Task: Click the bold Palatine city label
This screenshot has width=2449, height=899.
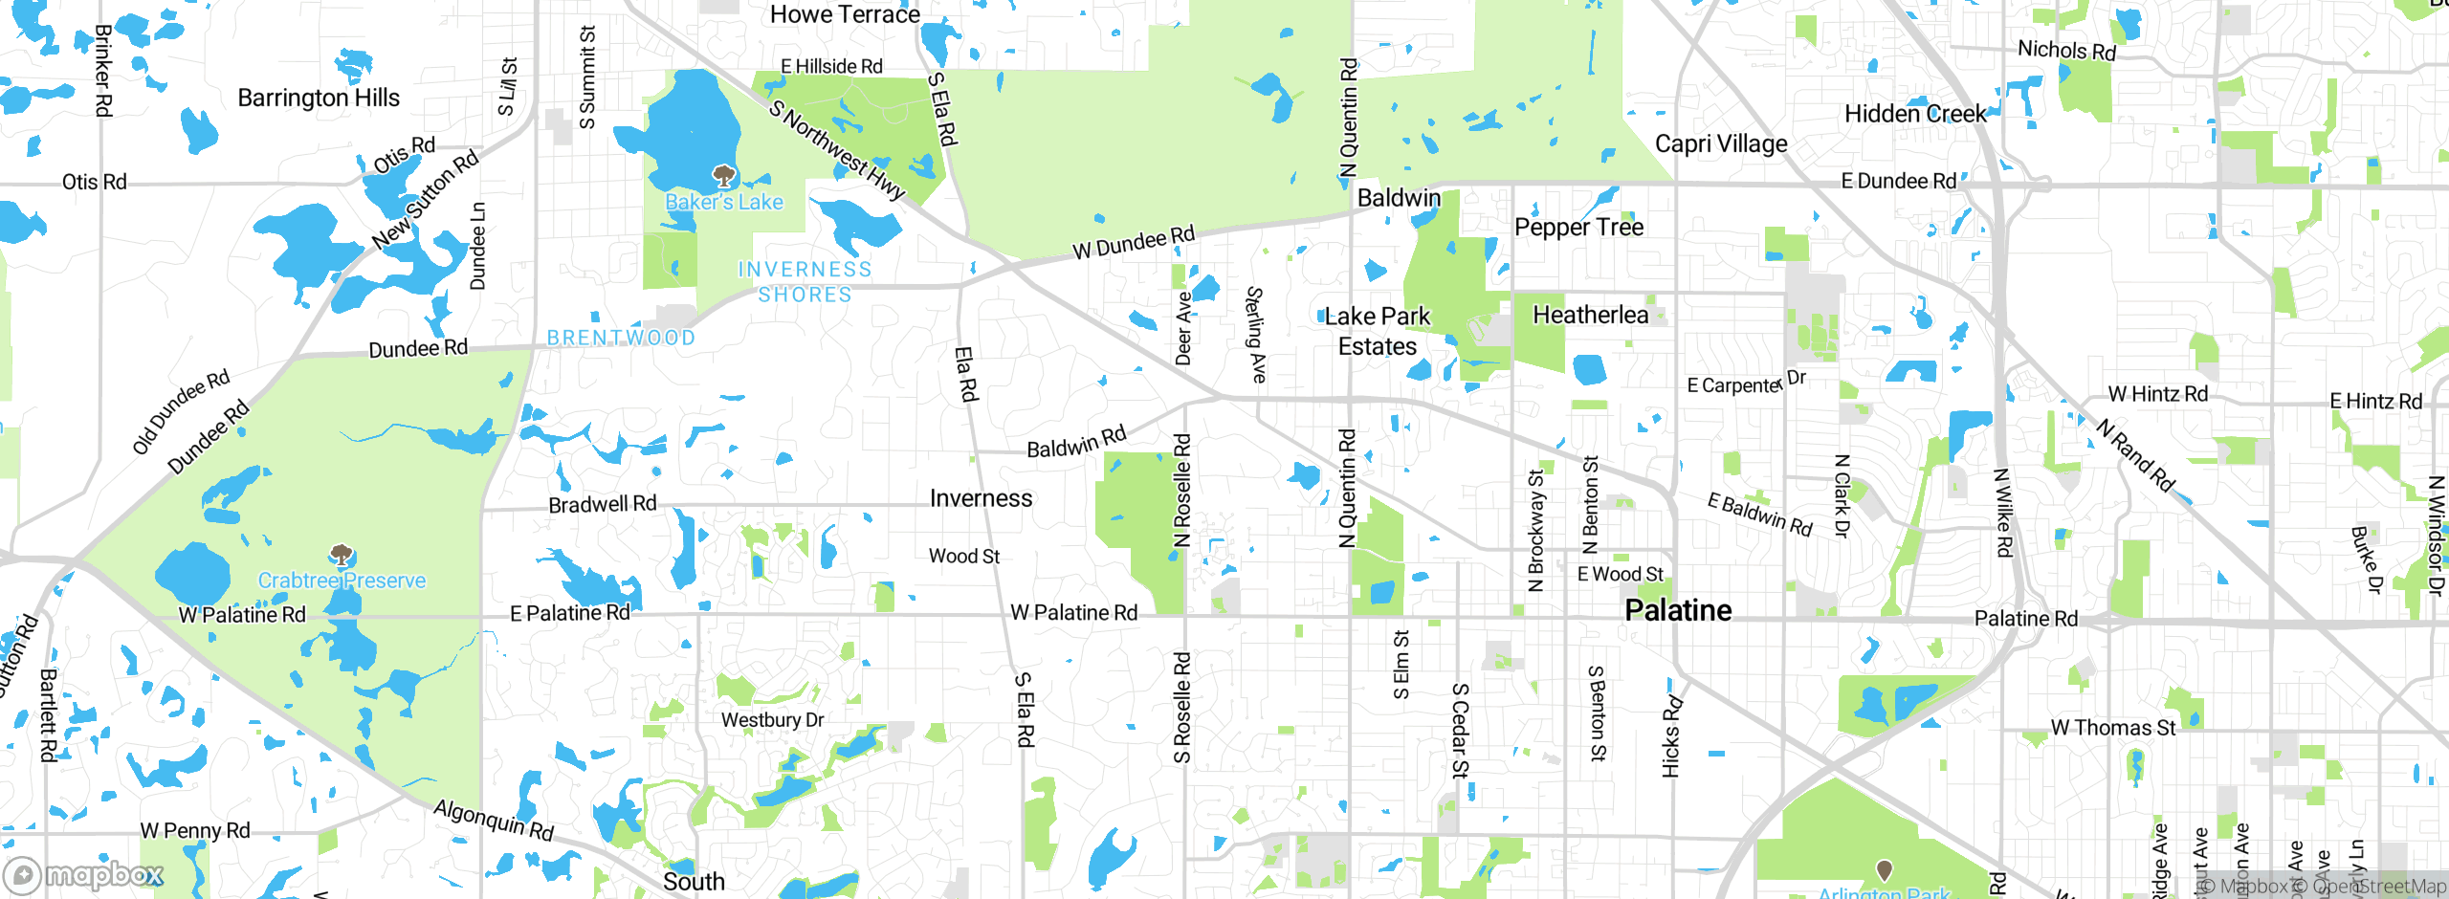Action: pyautogui.click(x=1678, y=610)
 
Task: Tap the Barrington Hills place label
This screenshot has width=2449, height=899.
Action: pyautogui.click(x=319, y=98)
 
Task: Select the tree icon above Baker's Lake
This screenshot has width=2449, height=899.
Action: pyautogui.click(x=724, y=176)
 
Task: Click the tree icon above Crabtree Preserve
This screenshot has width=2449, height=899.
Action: pyautogui.click(x=342, y=555)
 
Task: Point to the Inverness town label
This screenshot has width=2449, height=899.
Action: pyautogui.click(x=981, y=498)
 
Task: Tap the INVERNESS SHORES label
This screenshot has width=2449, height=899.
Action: pyautogui.click(x=805, y=282)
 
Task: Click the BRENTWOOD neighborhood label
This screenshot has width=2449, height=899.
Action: pyautogui.click(x=621, y=338)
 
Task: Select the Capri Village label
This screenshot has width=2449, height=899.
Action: pyautogui.click(x=1721, y=143)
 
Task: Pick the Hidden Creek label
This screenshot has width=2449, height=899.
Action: pyautogui.click(x=1915, y=114)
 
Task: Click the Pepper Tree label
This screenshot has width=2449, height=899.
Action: pyautogui.click(x=1578, y=228)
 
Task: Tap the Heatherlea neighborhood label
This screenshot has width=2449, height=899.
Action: pyautogui.click(x=1590, y=315)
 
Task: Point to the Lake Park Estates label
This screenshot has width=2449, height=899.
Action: pyautogui.click(x=1378, y=331)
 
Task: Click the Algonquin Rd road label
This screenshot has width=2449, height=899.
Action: pyautogui.click(x=494, y=820)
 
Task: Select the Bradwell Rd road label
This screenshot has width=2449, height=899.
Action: pyautogui.click(x=602, y=504)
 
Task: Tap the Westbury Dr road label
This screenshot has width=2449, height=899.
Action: pyautogui.click(x=772, y=720)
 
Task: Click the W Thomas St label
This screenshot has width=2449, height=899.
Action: pyautogui.click(x=2112, y=728)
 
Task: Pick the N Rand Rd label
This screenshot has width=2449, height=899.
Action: pyautogui.click(x=2135, y=455)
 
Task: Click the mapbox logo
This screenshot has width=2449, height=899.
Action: pyautogui.click(x=84, y=875)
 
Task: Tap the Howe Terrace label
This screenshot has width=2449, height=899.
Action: pyautogui.click(x=845, y=14)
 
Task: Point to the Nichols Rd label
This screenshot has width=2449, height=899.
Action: pyautogui.click(x=2066, y=50)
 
